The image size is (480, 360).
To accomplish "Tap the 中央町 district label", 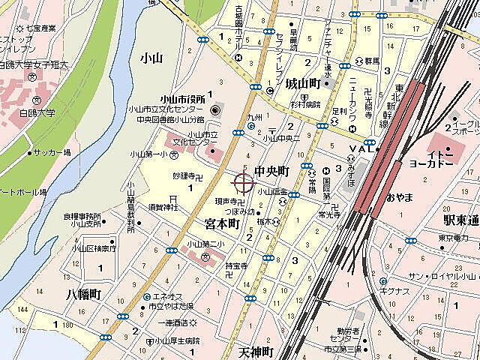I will click(x=272, y=172).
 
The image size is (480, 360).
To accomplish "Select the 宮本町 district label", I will click(x=222, y=223).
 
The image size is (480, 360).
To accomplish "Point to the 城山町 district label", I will click(x=304, y=83).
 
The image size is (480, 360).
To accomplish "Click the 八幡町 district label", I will click(x=82, y=294).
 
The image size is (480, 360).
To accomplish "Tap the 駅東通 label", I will click(x=460, y=220).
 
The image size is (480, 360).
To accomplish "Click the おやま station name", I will click(x=400, y=197).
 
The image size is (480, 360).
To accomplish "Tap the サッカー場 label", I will click(x=52, y=153).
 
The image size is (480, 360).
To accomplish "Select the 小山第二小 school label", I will click(x=206, y=244).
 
